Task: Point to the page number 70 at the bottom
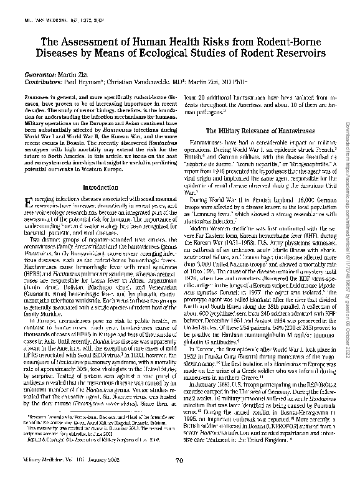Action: pos(179,460)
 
